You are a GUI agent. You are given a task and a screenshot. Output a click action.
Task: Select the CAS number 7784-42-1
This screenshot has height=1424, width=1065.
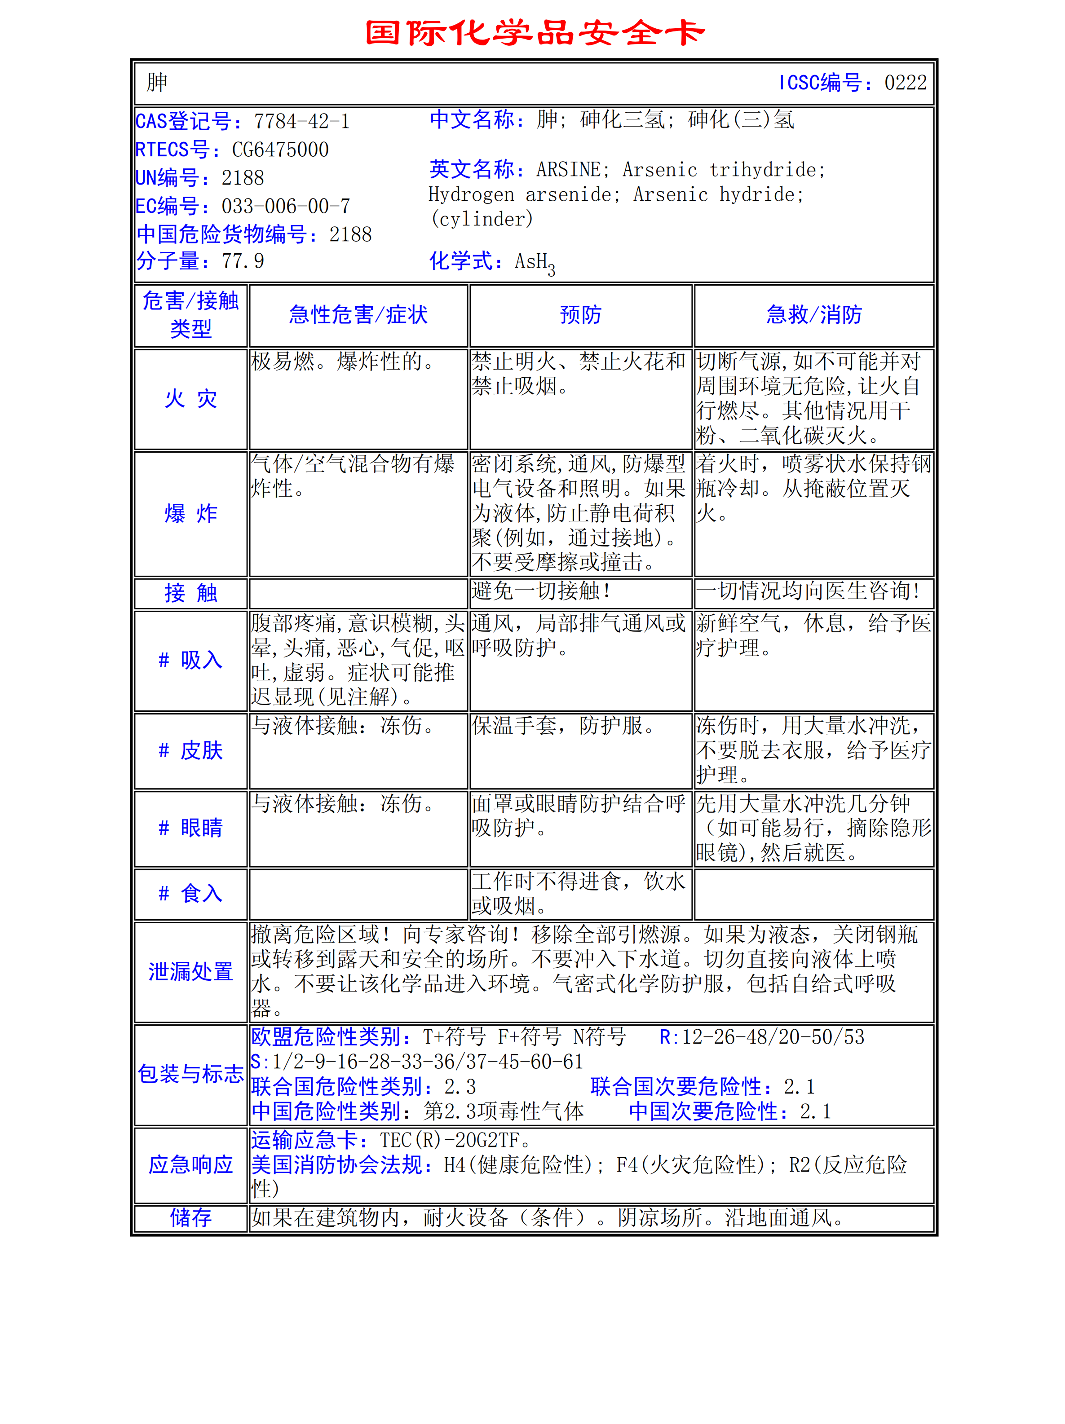pyautogui.click(x=301, y=122)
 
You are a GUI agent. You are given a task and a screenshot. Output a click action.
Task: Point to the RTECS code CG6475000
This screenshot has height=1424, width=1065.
pyautogui.click(x=280, y=150)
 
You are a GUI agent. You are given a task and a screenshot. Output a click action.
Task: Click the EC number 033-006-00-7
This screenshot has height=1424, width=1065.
pyautogui.click(x=285, y=207)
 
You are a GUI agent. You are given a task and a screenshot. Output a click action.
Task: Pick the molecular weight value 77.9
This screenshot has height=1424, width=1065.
pyautogui.click(x=243, y=261)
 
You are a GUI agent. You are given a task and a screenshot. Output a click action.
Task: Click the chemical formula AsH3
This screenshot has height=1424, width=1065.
pyautogui.click(x=535, y=263)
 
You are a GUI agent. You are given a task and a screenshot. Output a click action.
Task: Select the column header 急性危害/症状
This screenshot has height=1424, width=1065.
pyautogui.click(x=358, y=315)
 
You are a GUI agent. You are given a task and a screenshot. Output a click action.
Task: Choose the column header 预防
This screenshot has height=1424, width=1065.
pyautogui.click(x=580, y=315)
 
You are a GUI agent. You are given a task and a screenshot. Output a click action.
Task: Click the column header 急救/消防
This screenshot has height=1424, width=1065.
pyautogui.click(x=813, y=315)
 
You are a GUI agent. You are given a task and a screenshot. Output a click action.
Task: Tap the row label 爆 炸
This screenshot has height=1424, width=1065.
pyautogui.click(x=190, y=514)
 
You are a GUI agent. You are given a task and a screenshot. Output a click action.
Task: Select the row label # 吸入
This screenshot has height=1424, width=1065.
pyautogui.click(x=190, y=660)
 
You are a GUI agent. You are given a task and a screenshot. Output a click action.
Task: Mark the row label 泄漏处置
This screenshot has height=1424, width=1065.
pyautogui.click(x=190, y=971)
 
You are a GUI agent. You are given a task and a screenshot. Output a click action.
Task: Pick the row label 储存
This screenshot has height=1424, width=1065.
pyautogui.click(x=190, y=1218)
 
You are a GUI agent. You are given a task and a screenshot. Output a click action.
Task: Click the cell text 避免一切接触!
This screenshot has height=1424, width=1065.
pyautogui.click(x=541, y=591)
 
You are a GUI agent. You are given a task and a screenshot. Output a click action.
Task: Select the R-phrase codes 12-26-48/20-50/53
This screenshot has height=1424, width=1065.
pyautogui.click(x=773, y=1037)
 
